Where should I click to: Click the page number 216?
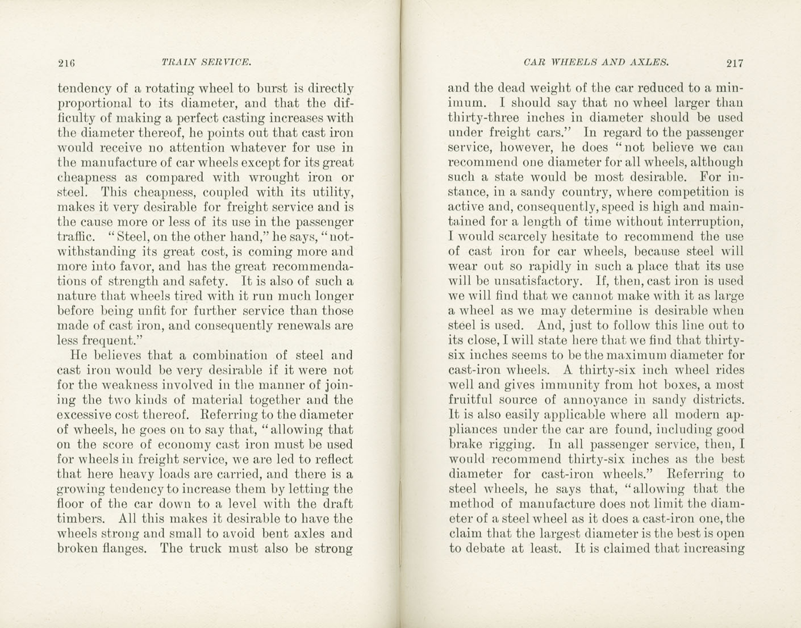click(x=66, y=63)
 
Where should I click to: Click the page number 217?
click(x=734, y=63)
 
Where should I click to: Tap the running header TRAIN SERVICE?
click(x=206, y=62)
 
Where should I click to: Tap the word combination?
click(x=229, y=356)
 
